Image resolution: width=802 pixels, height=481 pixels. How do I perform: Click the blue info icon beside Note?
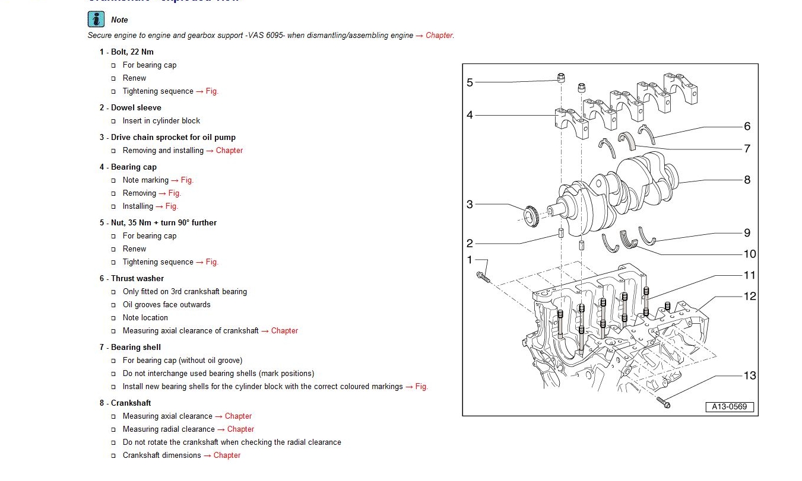coord(96,20)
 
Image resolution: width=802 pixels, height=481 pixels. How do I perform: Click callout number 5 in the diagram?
coord(470,82)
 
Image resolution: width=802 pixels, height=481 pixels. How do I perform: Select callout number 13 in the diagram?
coord(750,375)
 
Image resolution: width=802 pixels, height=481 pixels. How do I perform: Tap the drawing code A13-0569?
coord(730,407)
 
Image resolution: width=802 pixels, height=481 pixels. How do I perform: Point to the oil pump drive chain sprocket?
coord(531,216)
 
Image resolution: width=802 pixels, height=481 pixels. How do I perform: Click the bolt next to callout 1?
coord(483,277)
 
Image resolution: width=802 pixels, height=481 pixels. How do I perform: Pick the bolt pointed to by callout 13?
coord(664,403)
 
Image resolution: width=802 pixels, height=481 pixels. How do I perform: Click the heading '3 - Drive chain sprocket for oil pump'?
coord(167,137)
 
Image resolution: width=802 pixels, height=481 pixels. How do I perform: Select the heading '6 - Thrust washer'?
coord(131,278)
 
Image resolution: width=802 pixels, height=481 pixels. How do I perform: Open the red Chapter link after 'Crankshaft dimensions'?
coord(227,455)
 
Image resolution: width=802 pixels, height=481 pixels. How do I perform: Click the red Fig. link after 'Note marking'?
coord(187,180)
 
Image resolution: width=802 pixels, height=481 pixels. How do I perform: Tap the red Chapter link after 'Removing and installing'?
coord(229,150)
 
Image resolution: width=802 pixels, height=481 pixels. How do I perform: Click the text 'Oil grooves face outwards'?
coord(166,304)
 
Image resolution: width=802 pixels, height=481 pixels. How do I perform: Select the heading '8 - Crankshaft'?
coord(125,403)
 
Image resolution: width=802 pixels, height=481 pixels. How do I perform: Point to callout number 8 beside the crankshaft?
coord(747,180)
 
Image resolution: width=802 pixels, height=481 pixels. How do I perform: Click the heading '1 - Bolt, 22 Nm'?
coord(126,52)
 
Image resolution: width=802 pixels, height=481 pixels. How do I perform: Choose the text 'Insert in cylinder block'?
coord(161,120)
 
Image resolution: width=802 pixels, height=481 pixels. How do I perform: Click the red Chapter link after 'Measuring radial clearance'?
coord(240,429)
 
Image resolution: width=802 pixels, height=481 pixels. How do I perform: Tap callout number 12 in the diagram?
coord(750,296)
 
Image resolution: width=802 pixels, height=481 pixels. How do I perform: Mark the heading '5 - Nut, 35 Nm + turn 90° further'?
coord(158,222)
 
